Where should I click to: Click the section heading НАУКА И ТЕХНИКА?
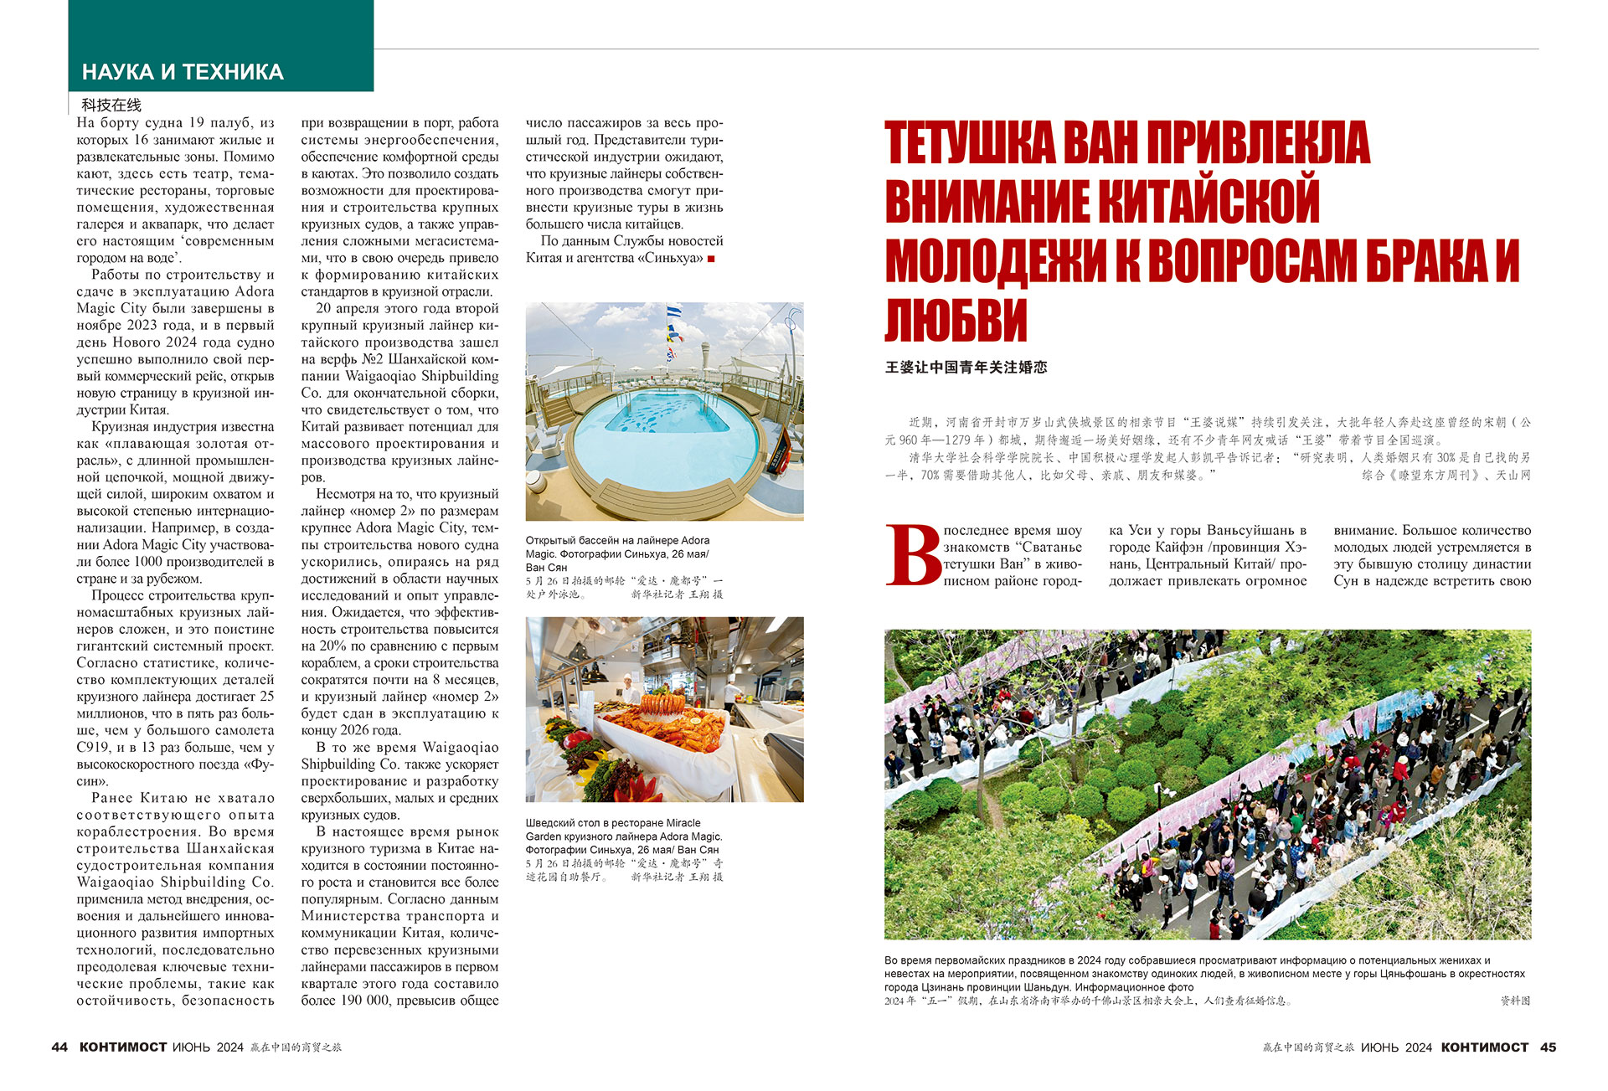click(x=183, y=72)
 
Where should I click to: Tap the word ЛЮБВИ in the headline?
click(x=956, y=319)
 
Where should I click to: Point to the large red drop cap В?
click(x=912, y=555)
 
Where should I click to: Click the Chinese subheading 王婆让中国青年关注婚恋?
click(x=966, y=367)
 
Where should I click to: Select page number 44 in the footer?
click(x=59, y=1047)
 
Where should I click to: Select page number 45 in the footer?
click(x=1548, y=1047)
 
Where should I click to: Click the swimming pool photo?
click(x=664, y=411)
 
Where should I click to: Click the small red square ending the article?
click(x=711, y=259)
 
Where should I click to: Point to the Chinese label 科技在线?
click(x=111, y=105)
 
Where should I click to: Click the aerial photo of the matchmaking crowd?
click(x=1207, y=784)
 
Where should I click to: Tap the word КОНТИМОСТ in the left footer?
click(x=123, y=1047)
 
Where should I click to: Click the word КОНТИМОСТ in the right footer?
click(x=1484, y=1047)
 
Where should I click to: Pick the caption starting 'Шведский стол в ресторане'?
click(x=623, y=836)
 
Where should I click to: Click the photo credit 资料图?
click(x=1514, y=1001)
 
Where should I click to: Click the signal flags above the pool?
click(x=673, y=331)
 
